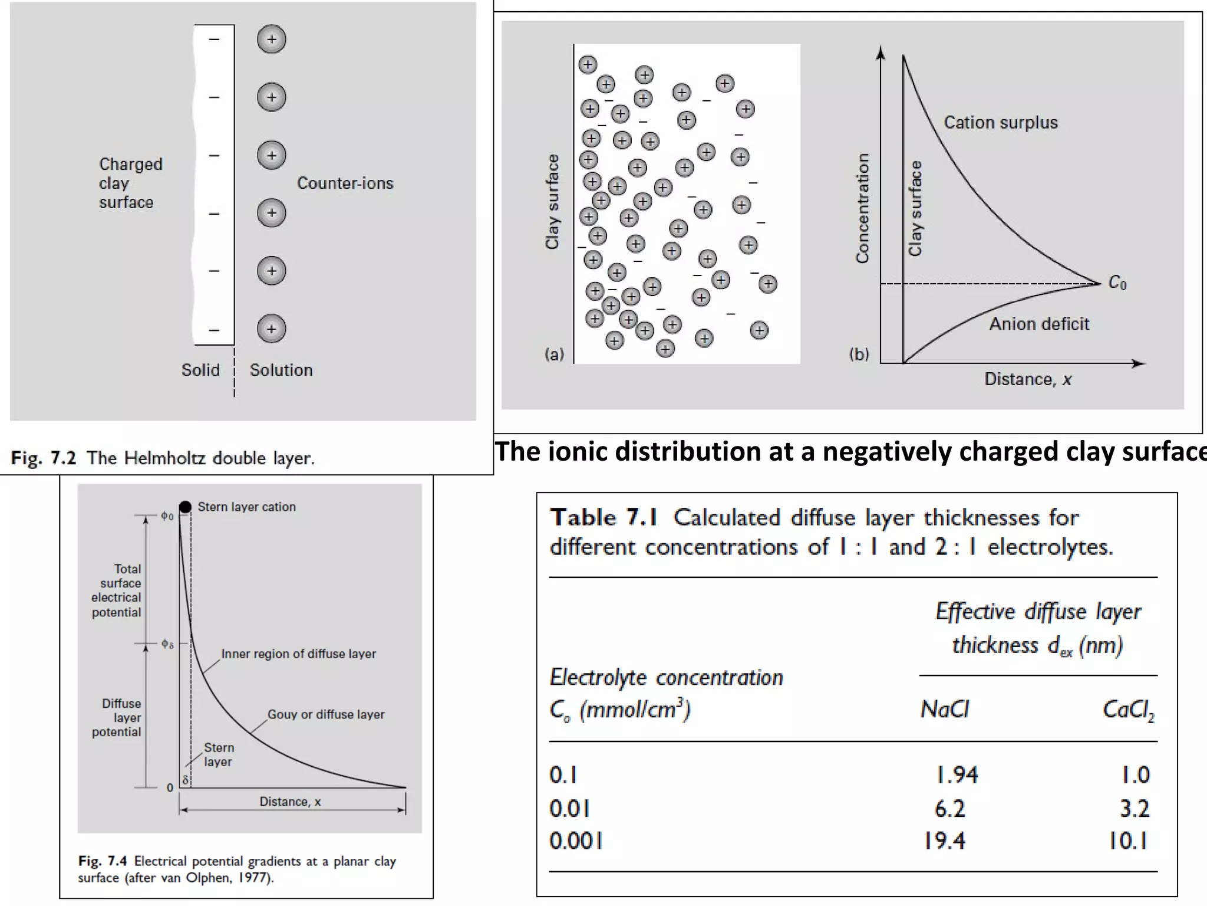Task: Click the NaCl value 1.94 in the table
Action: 957,774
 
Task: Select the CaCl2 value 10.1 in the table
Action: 1128,841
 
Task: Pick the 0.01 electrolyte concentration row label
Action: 569,808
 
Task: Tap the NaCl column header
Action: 944,709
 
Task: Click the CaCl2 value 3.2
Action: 1135,808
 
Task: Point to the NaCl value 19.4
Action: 944,841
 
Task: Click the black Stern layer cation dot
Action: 185,507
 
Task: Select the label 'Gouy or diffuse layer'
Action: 326,714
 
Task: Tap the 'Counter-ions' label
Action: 345,183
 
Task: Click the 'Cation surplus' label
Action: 1001,122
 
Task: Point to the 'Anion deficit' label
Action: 1039,324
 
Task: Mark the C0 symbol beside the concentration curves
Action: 1117,283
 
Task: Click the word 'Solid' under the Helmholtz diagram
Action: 200,370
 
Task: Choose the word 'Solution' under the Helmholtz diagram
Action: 281,370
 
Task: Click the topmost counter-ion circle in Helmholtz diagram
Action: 272,40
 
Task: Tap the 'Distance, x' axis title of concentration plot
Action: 1028,379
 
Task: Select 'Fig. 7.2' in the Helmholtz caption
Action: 44,458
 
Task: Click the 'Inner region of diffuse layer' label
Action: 298,654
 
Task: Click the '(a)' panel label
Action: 554,354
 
